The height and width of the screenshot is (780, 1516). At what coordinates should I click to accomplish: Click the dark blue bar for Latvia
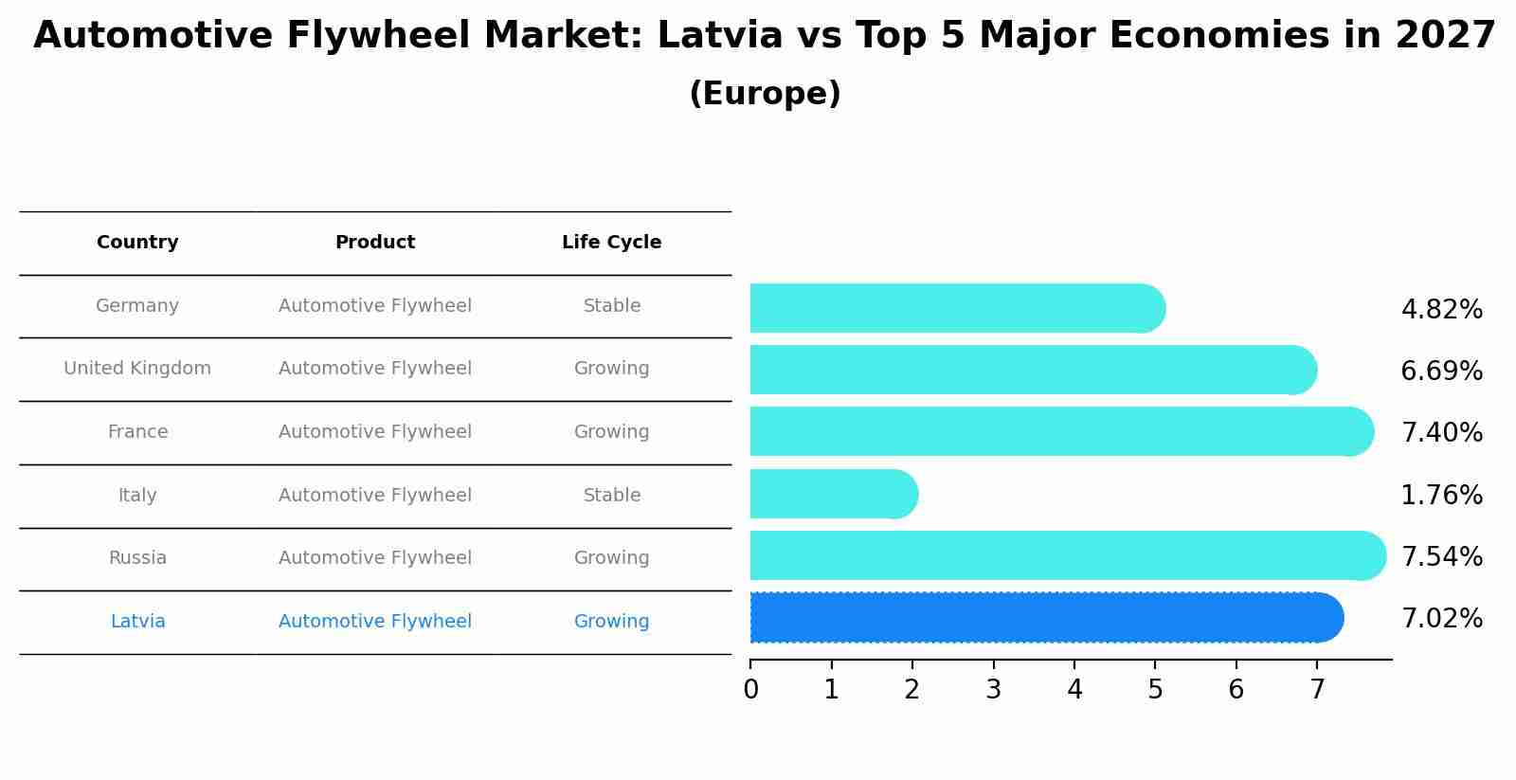1042,617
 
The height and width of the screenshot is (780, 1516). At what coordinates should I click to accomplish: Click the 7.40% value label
1441,432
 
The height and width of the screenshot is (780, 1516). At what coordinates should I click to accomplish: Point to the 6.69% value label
1441,371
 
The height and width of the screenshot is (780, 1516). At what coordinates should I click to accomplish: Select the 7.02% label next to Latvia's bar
1441,618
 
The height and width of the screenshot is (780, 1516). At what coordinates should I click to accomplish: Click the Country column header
137,242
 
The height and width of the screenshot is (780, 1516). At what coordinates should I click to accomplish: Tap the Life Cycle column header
611,242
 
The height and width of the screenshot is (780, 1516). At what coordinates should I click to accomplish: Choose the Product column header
375,242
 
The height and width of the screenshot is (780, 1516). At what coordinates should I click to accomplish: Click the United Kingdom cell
137,368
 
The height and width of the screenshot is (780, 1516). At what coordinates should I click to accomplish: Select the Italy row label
137,495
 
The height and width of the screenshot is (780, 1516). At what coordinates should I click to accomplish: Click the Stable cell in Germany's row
611,305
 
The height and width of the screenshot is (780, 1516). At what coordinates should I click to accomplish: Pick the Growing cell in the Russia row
611,557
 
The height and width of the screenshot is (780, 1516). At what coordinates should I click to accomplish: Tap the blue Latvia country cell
137,621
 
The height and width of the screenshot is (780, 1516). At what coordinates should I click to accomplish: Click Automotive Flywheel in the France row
375,431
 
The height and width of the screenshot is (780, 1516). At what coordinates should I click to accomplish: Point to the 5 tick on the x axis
1155,689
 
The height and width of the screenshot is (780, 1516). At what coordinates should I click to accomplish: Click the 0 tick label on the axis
750,689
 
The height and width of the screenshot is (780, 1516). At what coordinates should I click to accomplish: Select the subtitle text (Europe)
765,94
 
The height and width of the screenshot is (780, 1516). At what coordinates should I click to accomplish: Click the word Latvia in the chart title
719,36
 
